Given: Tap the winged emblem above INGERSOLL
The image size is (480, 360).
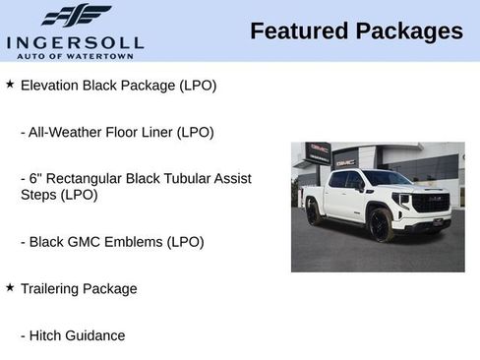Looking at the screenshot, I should click(76, 16).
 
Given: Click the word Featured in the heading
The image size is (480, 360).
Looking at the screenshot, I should click(298, 30).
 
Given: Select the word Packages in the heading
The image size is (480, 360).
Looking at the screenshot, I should click(408, 30).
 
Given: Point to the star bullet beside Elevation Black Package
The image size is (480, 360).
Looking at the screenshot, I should click(10, 85).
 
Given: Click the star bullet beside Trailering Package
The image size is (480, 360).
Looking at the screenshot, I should click(10, 287).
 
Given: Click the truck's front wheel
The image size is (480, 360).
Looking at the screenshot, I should click(380, 225).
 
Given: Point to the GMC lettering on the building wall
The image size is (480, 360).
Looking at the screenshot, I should click(345, 160).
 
